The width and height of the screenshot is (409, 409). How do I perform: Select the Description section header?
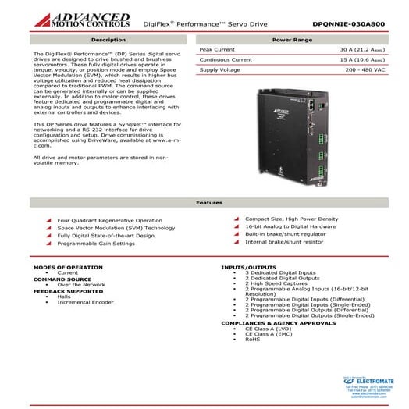[108, 38]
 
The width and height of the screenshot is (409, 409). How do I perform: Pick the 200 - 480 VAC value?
[373, 69]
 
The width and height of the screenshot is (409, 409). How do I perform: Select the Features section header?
[204, 202]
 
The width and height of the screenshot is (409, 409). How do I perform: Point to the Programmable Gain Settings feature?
[96, 243]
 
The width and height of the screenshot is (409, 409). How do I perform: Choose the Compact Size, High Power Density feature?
[290, 219]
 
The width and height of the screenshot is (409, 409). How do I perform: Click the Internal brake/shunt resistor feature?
[283, 241]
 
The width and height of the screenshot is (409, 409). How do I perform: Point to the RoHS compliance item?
[253, 340]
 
